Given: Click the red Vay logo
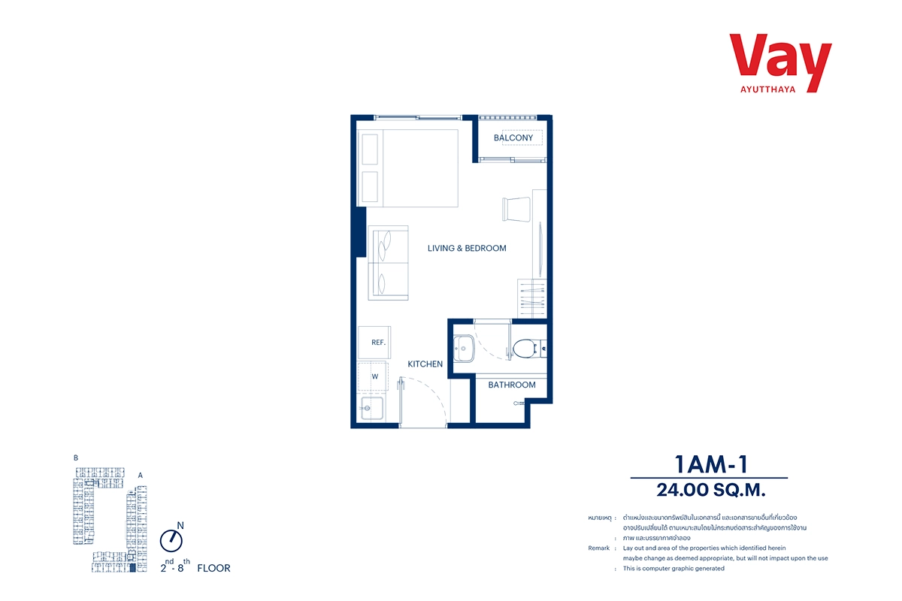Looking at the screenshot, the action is point(780,62).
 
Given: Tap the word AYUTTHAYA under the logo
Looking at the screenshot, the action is point(768,89).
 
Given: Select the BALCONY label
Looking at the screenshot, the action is point(513,137).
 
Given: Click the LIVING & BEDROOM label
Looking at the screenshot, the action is point(467,249).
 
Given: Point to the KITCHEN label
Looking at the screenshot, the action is point(425,364).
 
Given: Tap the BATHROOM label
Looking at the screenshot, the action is point(512,385).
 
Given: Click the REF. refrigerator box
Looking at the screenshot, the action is point(374,342).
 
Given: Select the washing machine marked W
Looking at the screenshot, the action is point(373,376).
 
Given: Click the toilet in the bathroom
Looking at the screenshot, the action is point(528,349).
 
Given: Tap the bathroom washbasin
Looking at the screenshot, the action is point(464,349).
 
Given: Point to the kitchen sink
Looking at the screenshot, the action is point(372,409).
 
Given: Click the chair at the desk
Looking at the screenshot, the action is point(516,210).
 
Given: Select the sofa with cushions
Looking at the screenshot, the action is point(388,263).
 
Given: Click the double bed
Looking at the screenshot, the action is point(408,168).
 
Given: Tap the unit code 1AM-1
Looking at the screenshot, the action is point(711,464).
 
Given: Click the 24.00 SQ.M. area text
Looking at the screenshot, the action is point(711,491).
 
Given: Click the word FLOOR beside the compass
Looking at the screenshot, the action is point(213,569).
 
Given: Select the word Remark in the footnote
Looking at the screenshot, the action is point(599,548).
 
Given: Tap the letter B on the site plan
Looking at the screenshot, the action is point(76,458).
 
